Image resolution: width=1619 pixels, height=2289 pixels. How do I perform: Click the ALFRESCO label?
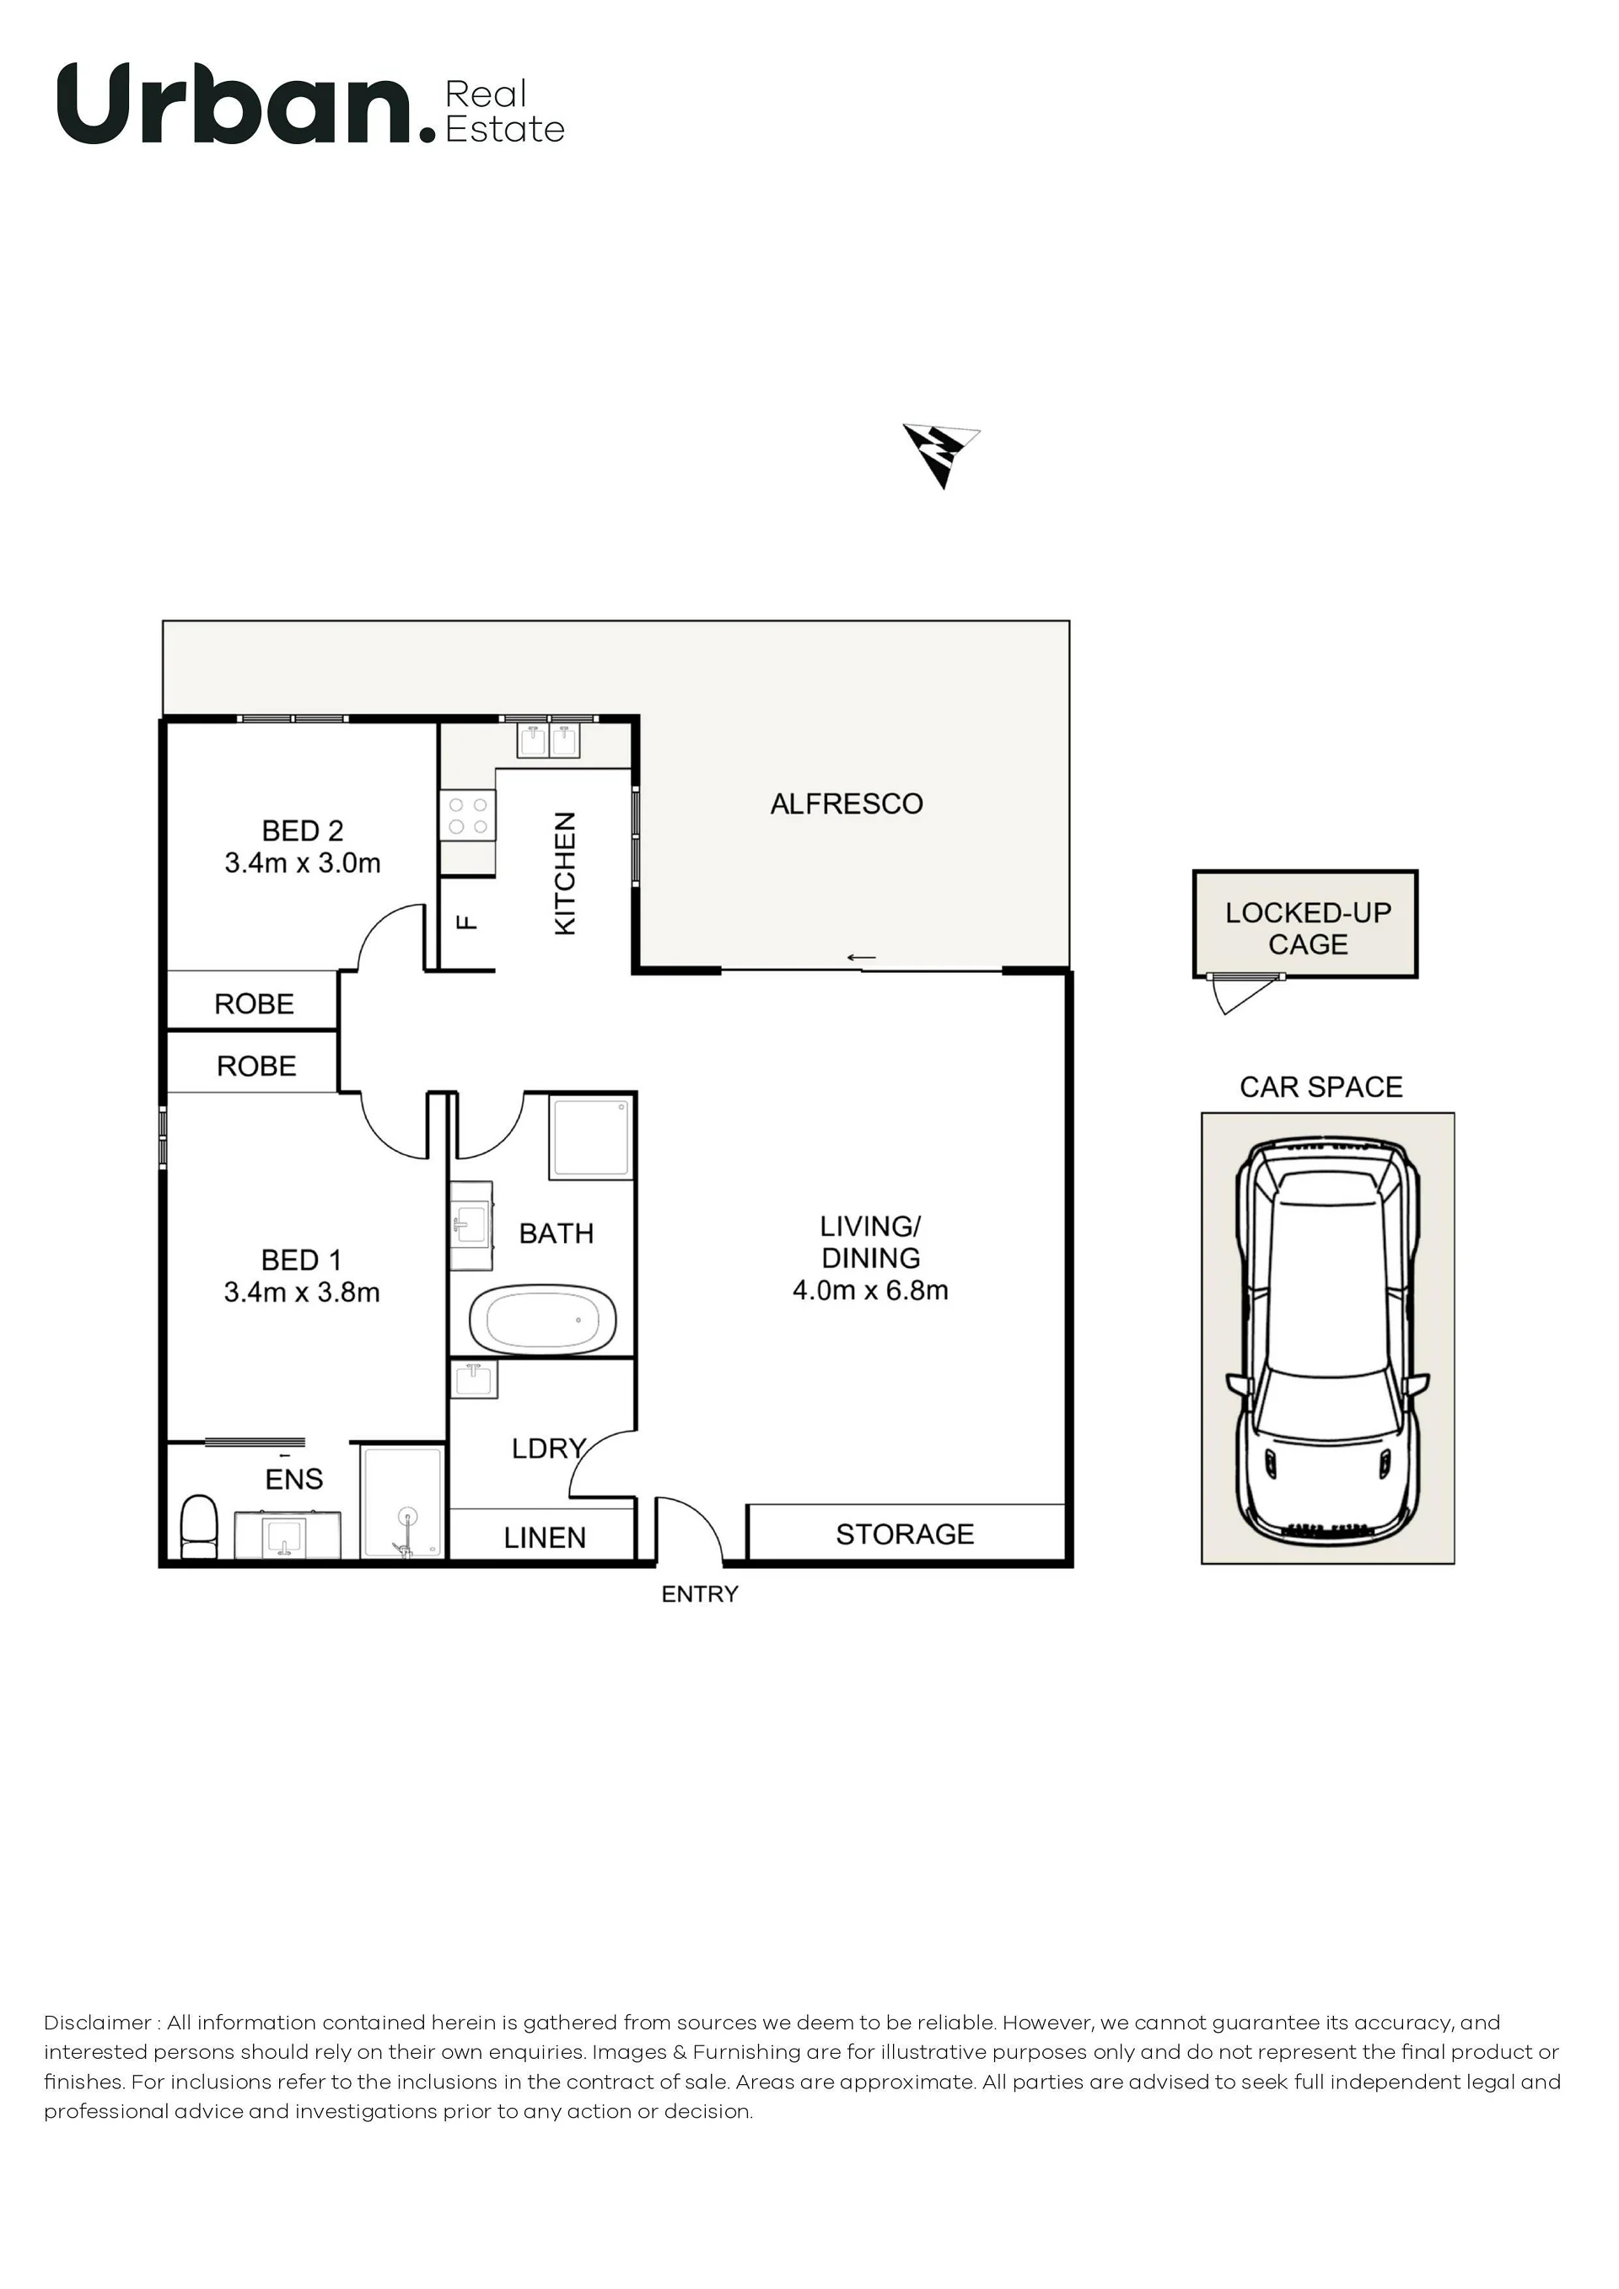pyautogui.click(x=847, y=803)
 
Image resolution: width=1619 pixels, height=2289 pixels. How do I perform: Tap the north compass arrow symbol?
pyautogui.click(x=940, y=454)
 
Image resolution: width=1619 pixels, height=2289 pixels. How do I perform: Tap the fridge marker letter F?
pyautogui.click(x=466, y=922)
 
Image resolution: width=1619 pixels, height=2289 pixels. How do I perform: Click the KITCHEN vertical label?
pyautogui.click(x=564, y=873)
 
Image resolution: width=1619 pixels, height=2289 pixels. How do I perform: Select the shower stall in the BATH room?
pyautogui.click(x=590, y=1137)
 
